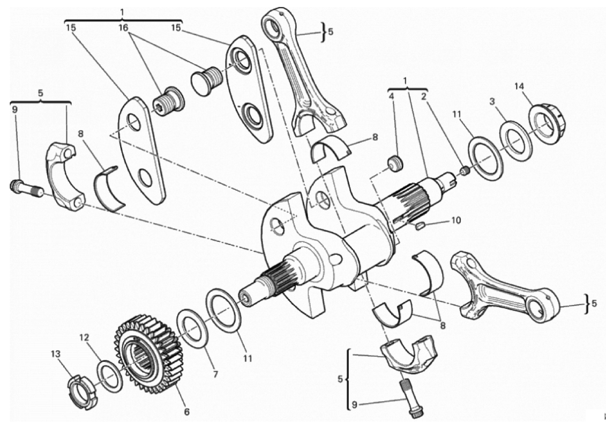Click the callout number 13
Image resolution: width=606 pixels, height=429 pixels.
point(56,354)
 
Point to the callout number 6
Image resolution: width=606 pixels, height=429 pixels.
point(186,412)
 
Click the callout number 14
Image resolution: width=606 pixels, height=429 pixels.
point(519,86)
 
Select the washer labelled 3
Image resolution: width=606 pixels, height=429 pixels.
point(516,139)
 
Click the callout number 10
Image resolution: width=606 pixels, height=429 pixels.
point(455,220)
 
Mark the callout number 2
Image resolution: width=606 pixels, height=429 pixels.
point(424,97)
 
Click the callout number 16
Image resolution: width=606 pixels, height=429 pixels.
point(123,28)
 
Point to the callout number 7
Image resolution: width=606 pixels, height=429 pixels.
point(215,374)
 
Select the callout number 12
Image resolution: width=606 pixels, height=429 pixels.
point(84,338)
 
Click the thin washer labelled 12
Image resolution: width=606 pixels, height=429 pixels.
point(110,375)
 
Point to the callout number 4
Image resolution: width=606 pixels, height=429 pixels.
point(392,97)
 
